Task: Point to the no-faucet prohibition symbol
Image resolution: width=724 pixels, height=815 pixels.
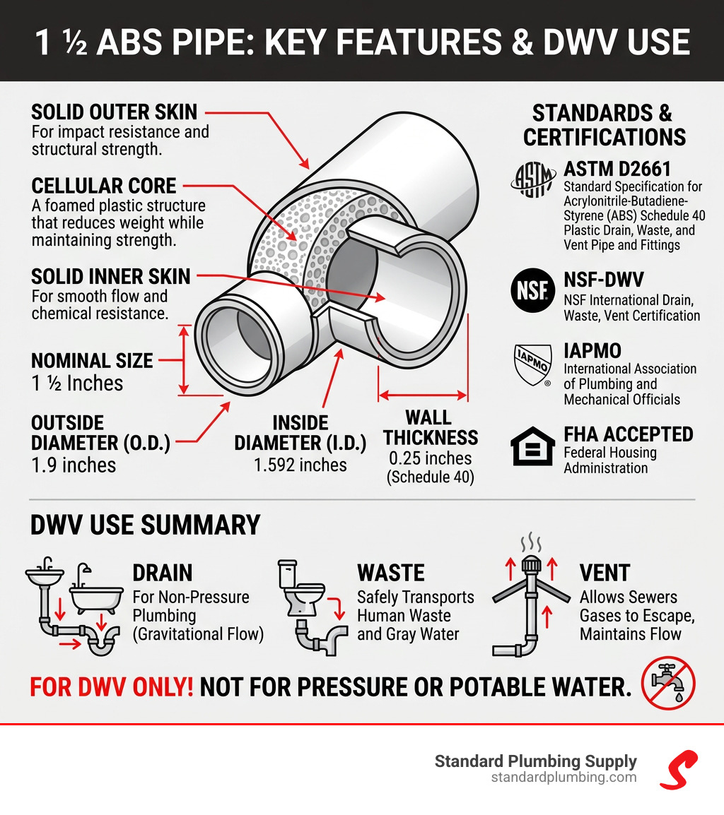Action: (x=668, y=682)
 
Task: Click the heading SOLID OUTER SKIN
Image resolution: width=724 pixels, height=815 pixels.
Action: (x=115, y=112)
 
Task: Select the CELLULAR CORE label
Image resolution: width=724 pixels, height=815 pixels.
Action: (x=104, y=186)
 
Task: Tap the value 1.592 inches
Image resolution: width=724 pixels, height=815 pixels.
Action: (x=300, y=465)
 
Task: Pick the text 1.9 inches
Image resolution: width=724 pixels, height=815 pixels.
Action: (x=74, y=465)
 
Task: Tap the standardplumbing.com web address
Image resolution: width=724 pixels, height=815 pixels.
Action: (x=564, y=778)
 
